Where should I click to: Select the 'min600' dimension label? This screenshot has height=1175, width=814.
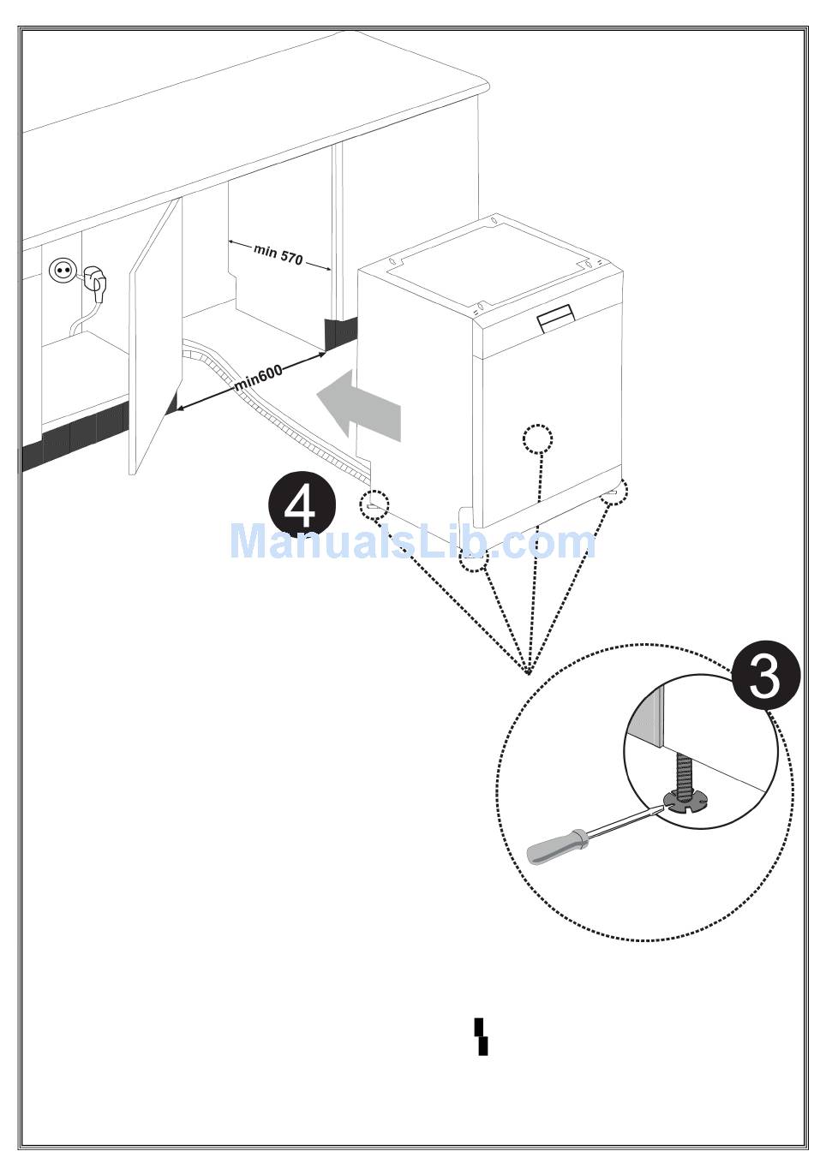coord(257,378)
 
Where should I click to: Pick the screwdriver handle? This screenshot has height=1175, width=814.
coord(555,845)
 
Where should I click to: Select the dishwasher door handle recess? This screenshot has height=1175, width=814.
coord(556,317)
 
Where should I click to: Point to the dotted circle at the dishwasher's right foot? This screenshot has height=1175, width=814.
coord(614,493)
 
